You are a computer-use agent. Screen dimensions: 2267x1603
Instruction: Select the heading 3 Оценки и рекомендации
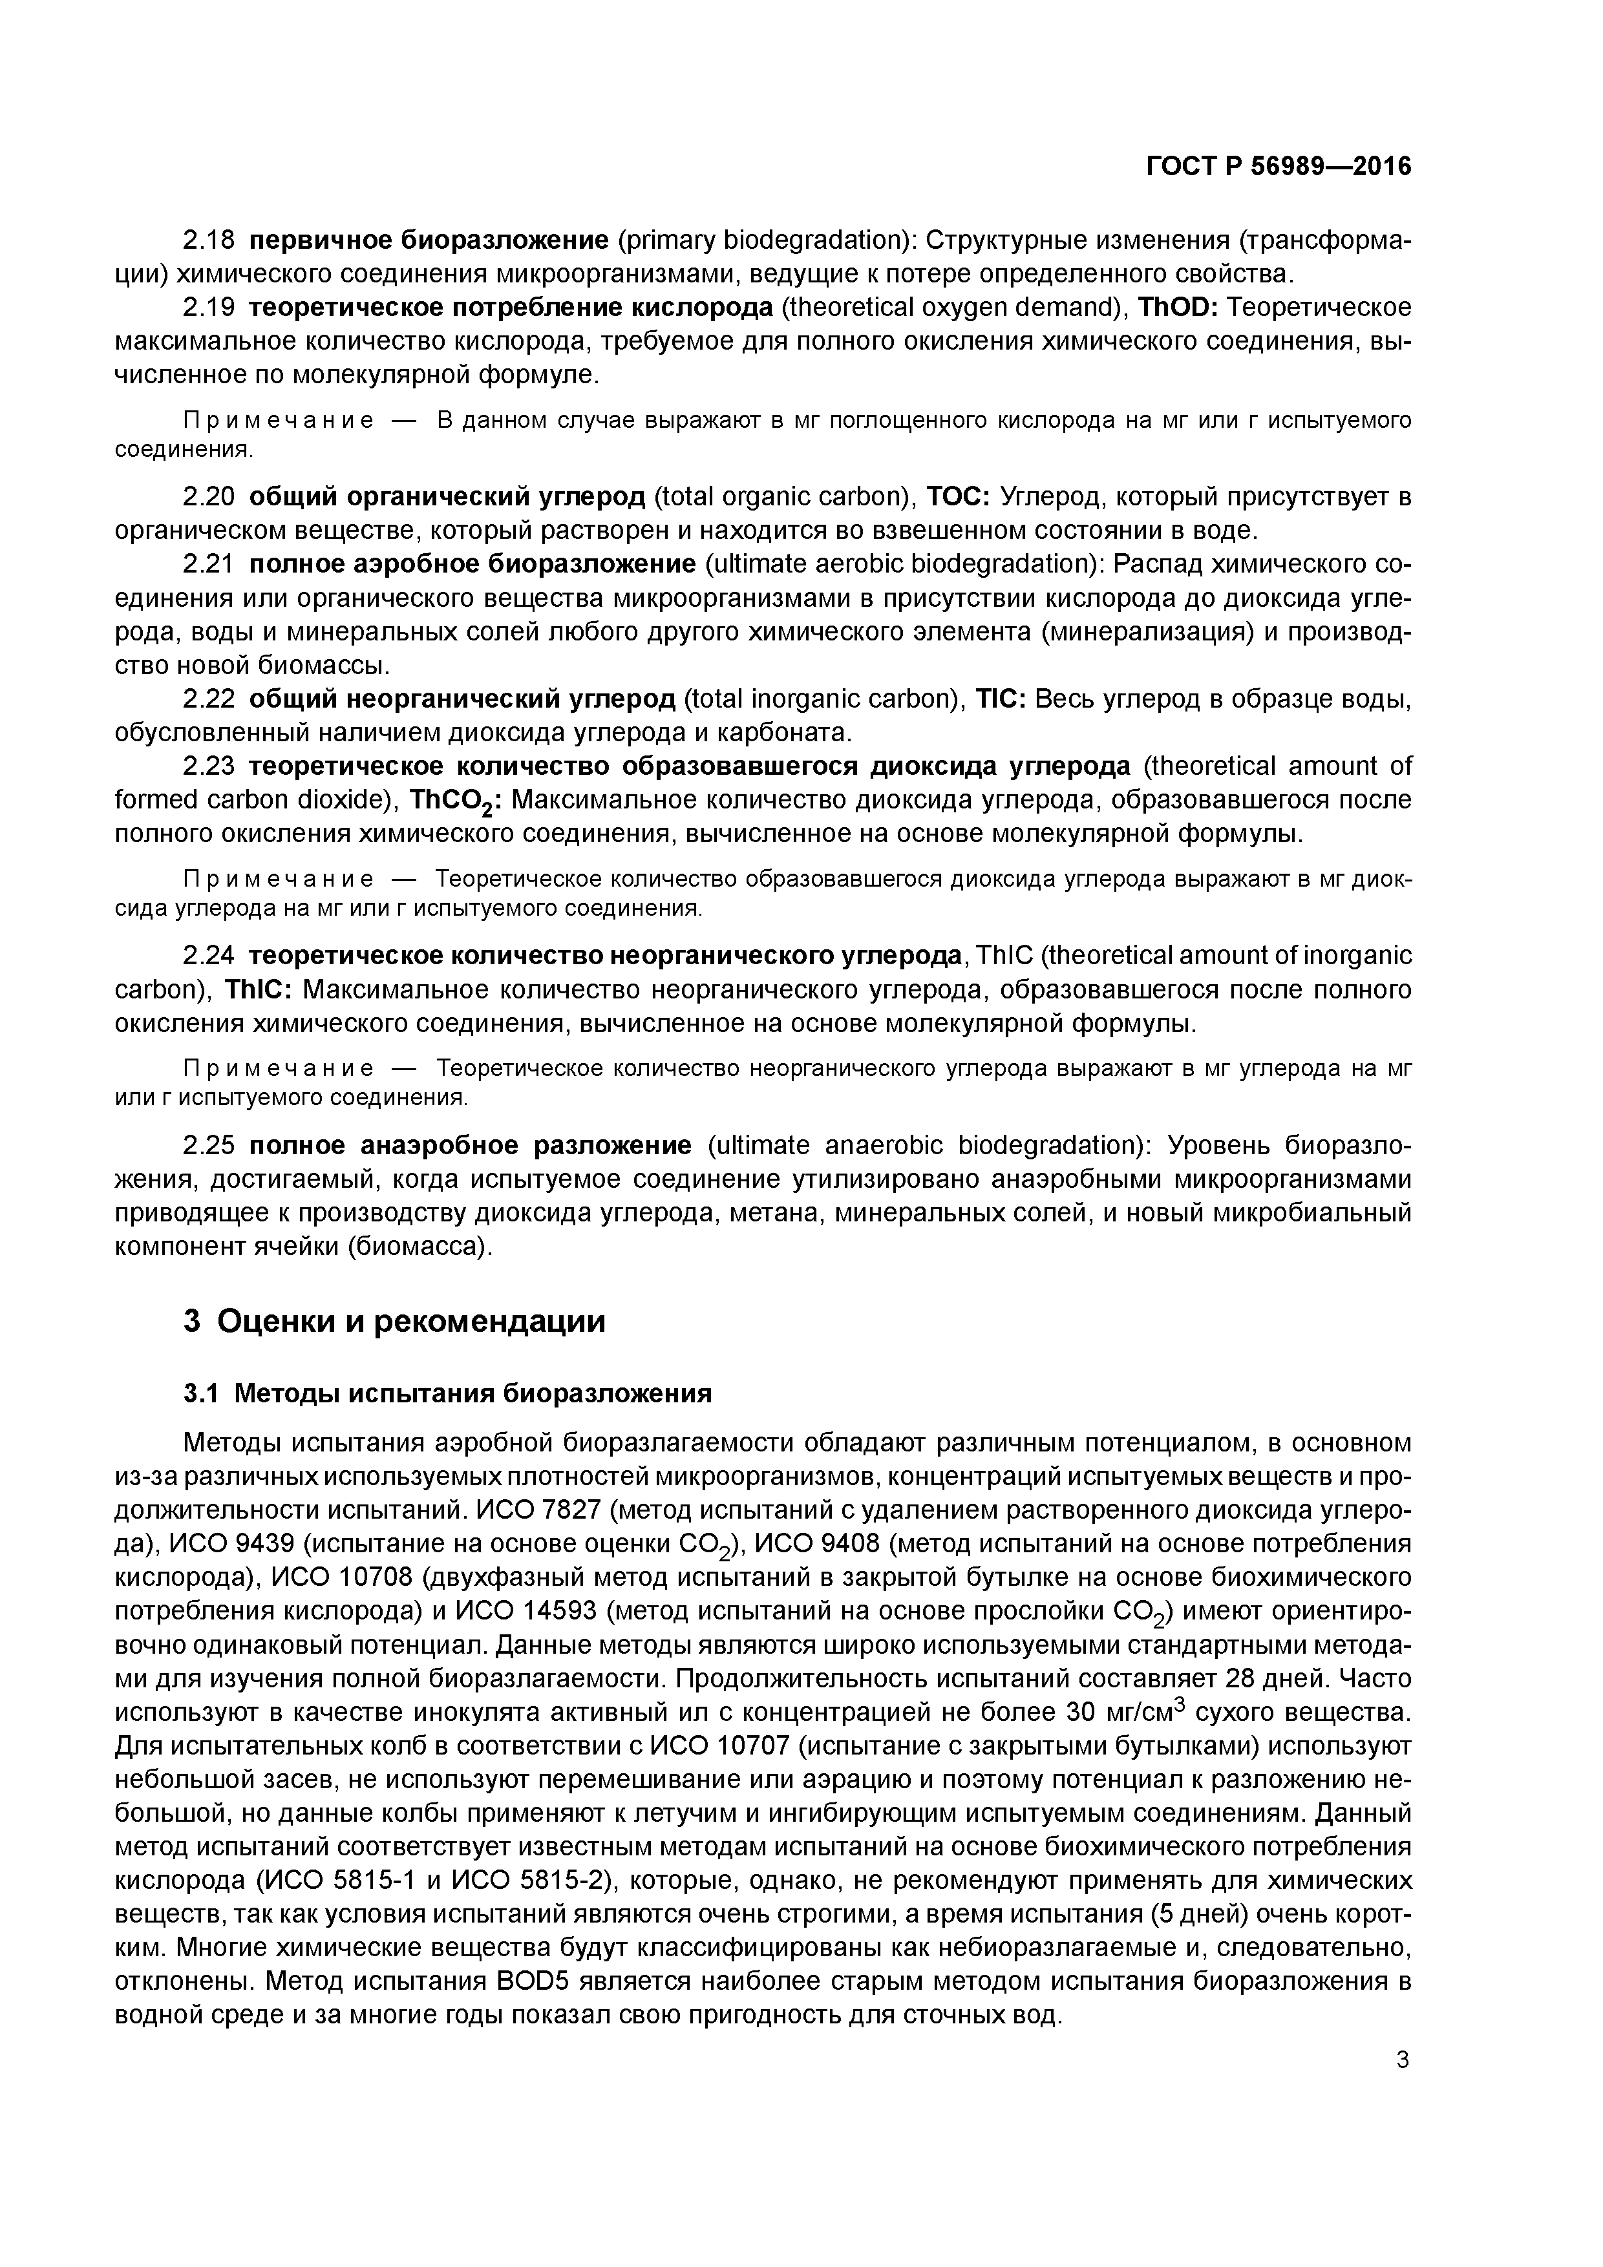pos(394,1321)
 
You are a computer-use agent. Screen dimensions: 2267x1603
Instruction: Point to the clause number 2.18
pos(208,240)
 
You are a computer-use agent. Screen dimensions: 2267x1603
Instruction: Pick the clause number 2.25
pos(208,1145)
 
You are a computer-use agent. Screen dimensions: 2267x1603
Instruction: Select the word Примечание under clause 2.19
pos(279,421)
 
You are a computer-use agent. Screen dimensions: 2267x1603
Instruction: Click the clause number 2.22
pos(208,699)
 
